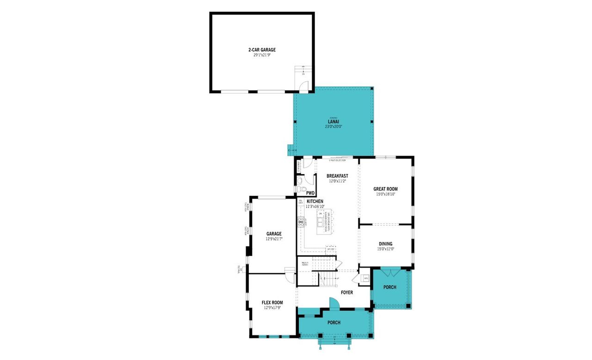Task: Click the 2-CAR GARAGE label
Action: pyautogui.click(x=262, y=50)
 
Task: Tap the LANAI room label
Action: pyautogui.click(x=333, y=121)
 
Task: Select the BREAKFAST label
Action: pyautogui.click(x=337, y=176)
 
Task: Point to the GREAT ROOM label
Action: pyautogui.click(x=385, y=189)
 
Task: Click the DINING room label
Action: pyautogui.click(x=385, y=244)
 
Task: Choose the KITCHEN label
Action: pyautogui.click(x=314, y=201)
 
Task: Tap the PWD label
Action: pyautogui.click(x=310, y=193)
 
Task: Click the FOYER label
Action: pyautogui.click(x=347, y=292)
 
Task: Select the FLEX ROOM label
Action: pyautogui.click(x=272, y=303)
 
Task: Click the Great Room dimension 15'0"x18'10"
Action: pyautogui.click(x=385, y=194)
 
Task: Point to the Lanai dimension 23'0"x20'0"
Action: pyautogui.click(x=333, y=126)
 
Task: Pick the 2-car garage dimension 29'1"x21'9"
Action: pyautogui.click(x=262, y=55)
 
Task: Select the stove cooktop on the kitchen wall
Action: pyautogui.click(x=300, y=222)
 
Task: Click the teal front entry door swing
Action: pyautogui.click(x=334, y=303)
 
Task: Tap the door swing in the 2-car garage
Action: pyautogui.click(x=303, y=86)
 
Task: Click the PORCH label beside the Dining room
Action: pyautogui.click(x=390, y=287)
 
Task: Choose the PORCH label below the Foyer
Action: pyautogui.click(x=334, y=323)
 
